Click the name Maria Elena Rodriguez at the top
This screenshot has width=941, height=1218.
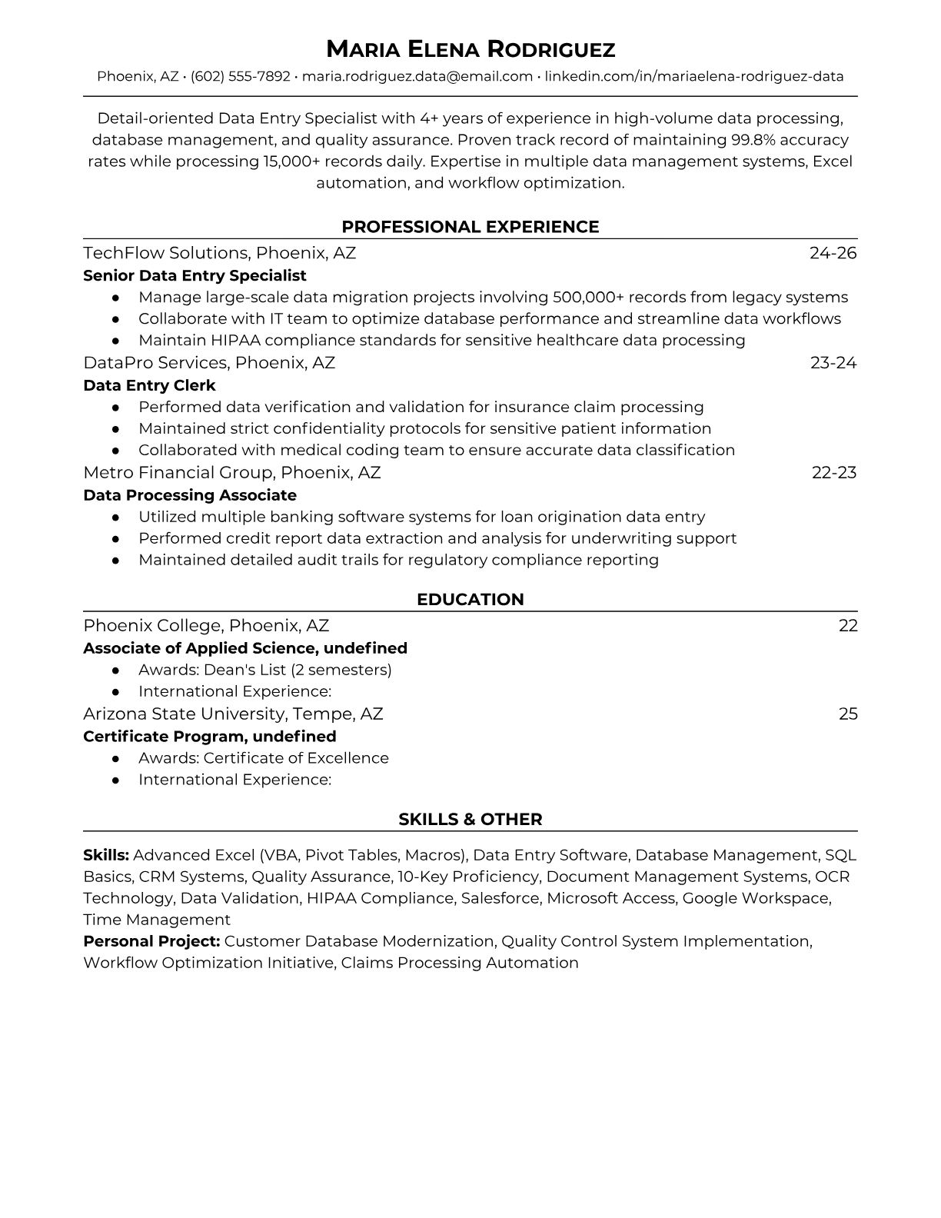(470, 49)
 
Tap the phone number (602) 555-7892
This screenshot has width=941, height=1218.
(241, 76)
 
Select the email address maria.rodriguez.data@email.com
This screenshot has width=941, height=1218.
(417, 76)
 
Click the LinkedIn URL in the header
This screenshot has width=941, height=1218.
(694, 76)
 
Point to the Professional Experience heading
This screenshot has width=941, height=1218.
(470, 227)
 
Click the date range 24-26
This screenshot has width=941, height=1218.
(833, 253)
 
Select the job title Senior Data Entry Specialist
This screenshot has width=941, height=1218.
(195, 275)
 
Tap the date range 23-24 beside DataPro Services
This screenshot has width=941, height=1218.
(833, 363)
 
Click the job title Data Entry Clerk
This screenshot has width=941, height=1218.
(149, 385)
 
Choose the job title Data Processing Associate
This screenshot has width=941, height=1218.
(190, 495)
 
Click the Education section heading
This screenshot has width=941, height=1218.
(470, 600)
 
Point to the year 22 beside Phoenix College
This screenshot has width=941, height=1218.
(848, 626)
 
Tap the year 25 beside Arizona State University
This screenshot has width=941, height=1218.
(848, 714)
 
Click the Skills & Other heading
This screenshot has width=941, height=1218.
(470, 820)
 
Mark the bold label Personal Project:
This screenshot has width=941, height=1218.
(151, 941)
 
